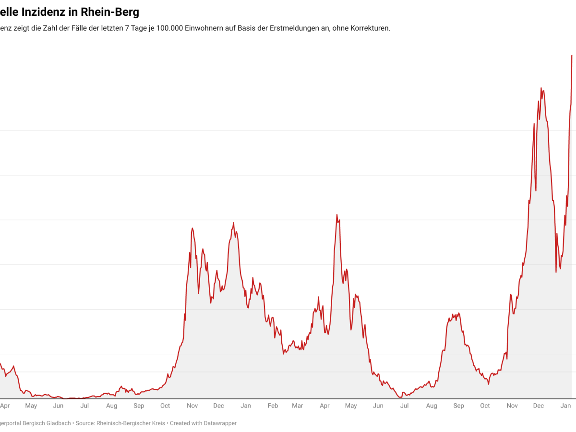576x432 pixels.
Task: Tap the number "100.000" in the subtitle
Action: pyautogui.click(x=169, y=28)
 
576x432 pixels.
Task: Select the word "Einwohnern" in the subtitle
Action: pyautogui.click(x=205, y=28)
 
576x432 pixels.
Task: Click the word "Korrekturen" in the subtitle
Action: pyautogui.click(x=370, y=28)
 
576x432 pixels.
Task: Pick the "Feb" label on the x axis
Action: pyautogui.click(x=273, y=406)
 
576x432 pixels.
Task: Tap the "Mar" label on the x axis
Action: pyautogui.click(x=298, y=406)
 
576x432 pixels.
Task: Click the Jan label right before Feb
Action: pyautogui.click(x=246, y=406)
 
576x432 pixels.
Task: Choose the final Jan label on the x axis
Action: pyautogui.click(x=566, y=406)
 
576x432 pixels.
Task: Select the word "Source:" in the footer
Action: pyautogui.click(x=85, y=423)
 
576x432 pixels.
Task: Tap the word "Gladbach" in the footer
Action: pyautogui.click(x=58, y=423)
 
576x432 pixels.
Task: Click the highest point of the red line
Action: pyautogui.click(x=572, y=55)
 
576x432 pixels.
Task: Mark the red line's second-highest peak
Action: pyautogui.click(x=541, y=88)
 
